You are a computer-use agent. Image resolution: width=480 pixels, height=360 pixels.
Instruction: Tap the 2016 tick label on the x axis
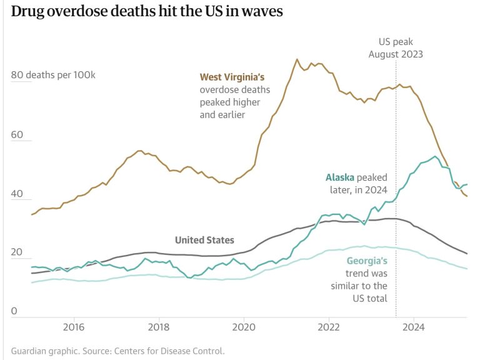click(x=74, y=327)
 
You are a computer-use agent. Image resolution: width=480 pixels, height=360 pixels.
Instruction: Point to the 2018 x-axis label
click(x=159, y=327)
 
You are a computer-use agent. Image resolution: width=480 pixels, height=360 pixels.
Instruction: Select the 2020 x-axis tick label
click(x=244, y=327)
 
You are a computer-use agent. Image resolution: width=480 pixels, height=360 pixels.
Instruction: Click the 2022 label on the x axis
click(x=329, y=327)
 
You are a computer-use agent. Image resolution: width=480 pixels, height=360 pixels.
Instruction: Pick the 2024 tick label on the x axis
click(x=414, y=327)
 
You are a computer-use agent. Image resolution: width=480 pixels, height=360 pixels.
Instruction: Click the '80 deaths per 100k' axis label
click(x=53, y=75)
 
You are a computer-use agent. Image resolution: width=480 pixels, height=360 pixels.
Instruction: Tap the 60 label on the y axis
click(x=17, y=135)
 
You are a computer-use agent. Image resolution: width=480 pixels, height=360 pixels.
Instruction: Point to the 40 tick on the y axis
click(x=17, y=195)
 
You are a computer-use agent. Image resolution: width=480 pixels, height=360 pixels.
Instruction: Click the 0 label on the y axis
click(x=14, y=312)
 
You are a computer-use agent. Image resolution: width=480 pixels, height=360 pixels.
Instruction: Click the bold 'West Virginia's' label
click(x=232, y=77)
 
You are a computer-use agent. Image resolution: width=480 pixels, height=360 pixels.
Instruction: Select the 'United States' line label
click(x=204, y=240)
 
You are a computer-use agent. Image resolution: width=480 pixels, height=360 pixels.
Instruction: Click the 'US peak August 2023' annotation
click(x=395, y=48)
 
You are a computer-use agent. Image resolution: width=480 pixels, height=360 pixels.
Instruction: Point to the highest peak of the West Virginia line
click(x=297, y=59)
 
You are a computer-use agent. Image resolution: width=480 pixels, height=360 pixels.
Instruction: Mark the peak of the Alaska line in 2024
click(x=435, y=156)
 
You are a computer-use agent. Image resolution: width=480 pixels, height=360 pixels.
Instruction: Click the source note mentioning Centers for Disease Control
click(x=117, y=351)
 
